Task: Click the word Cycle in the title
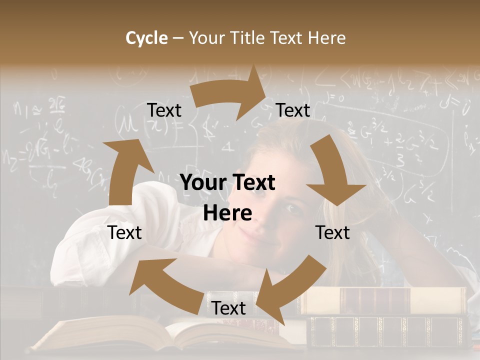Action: point(146,38)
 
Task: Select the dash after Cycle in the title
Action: point(178,38)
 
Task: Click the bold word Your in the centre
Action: point(200,183)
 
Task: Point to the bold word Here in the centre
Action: point(227,213)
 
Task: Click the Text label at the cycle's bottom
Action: point(228,308)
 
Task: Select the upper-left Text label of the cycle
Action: point(164,110)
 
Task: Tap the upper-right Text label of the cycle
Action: point(293,110)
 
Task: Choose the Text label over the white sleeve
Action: point(125,232)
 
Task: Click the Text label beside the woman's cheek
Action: point(332,232)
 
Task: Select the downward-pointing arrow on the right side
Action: point(333,172)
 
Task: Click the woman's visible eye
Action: point(292,209)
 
